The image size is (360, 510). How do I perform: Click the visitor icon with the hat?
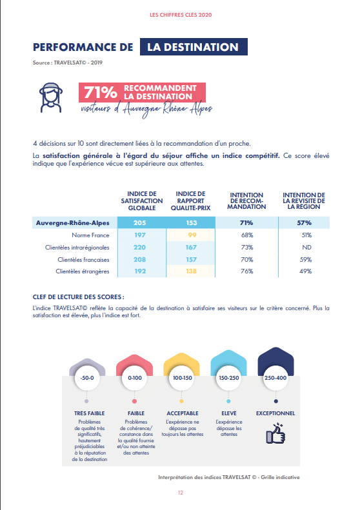click(51, 97)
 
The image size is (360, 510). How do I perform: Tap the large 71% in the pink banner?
click(101, 92)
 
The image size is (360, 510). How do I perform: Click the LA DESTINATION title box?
click(194, 47)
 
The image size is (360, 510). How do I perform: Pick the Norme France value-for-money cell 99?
click(191, 235)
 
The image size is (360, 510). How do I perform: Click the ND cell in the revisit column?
click(306, 248)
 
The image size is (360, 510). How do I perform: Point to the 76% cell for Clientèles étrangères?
click(246, 271)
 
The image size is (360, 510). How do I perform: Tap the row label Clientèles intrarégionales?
click(77, 248)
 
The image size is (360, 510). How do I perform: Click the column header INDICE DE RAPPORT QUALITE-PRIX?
click(191, 201)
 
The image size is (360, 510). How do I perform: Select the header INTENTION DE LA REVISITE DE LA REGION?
click(304, 201)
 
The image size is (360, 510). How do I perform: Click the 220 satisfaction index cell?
click(139, 247)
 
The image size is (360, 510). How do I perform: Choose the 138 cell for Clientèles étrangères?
click(191, 271)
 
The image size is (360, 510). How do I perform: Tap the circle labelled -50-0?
click(87, 378)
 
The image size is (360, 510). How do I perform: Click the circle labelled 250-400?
click(275, 378)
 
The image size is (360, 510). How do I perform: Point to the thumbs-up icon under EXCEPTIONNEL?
click(275, 433)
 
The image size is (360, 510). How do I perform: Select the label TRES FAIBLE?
click(90, 413)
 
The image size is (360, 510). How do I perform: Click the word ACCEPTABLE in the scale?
click(183, 413)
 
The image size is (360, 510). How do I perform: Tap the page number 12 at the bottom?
click(181, 493)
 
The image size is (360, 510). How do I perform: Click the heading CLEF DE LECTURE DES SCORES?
click(78, 297)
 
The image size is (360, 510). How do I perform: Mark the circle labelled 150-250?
click(229, 378)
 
